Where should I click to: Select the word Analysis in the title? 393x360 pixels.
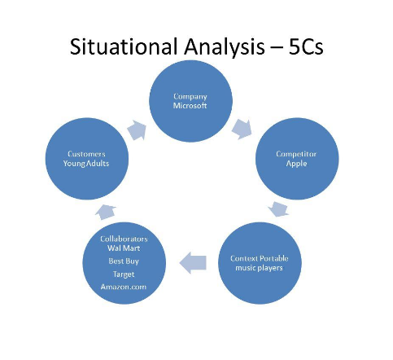coord(225,47)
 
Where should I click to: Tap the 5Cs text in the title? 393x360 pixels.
coord(306,46)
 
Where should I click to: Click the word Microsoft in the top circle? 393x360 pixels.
coord(190,105)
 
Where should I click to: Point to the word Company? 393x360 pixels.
coord(190,97)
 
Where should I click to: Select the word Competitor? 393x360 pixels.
coord(296,154)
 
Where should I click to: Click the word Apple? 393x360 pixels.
coord(296,164)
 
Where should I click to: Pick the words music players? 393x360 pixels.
coord(259,268)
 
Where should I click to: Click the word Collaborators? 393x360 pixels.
coord(124,239)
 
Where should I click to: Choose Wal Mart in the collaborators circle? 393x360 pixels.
coord(124,248)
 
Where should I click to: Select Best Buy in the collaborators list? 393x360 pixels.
coord(124,261)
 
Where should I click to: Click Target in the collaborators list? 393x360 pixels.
coord(124,274)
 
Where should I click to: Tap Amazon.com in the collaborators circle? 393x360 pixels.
coord(124,287)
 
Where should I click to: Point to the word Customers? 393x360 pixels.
coord(86,154)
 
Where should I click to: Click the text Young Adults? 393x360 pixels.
coord(86,164)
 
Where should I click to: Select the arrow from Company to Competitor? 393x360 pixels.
coord(242,129)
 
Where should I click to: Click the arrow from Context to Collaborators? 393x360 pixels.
coord(193,263)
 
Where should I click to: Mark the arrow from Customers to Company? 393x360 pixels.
coord(137,130)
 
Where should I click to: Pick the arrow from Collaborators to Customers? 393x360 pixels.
coord(106,212)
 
